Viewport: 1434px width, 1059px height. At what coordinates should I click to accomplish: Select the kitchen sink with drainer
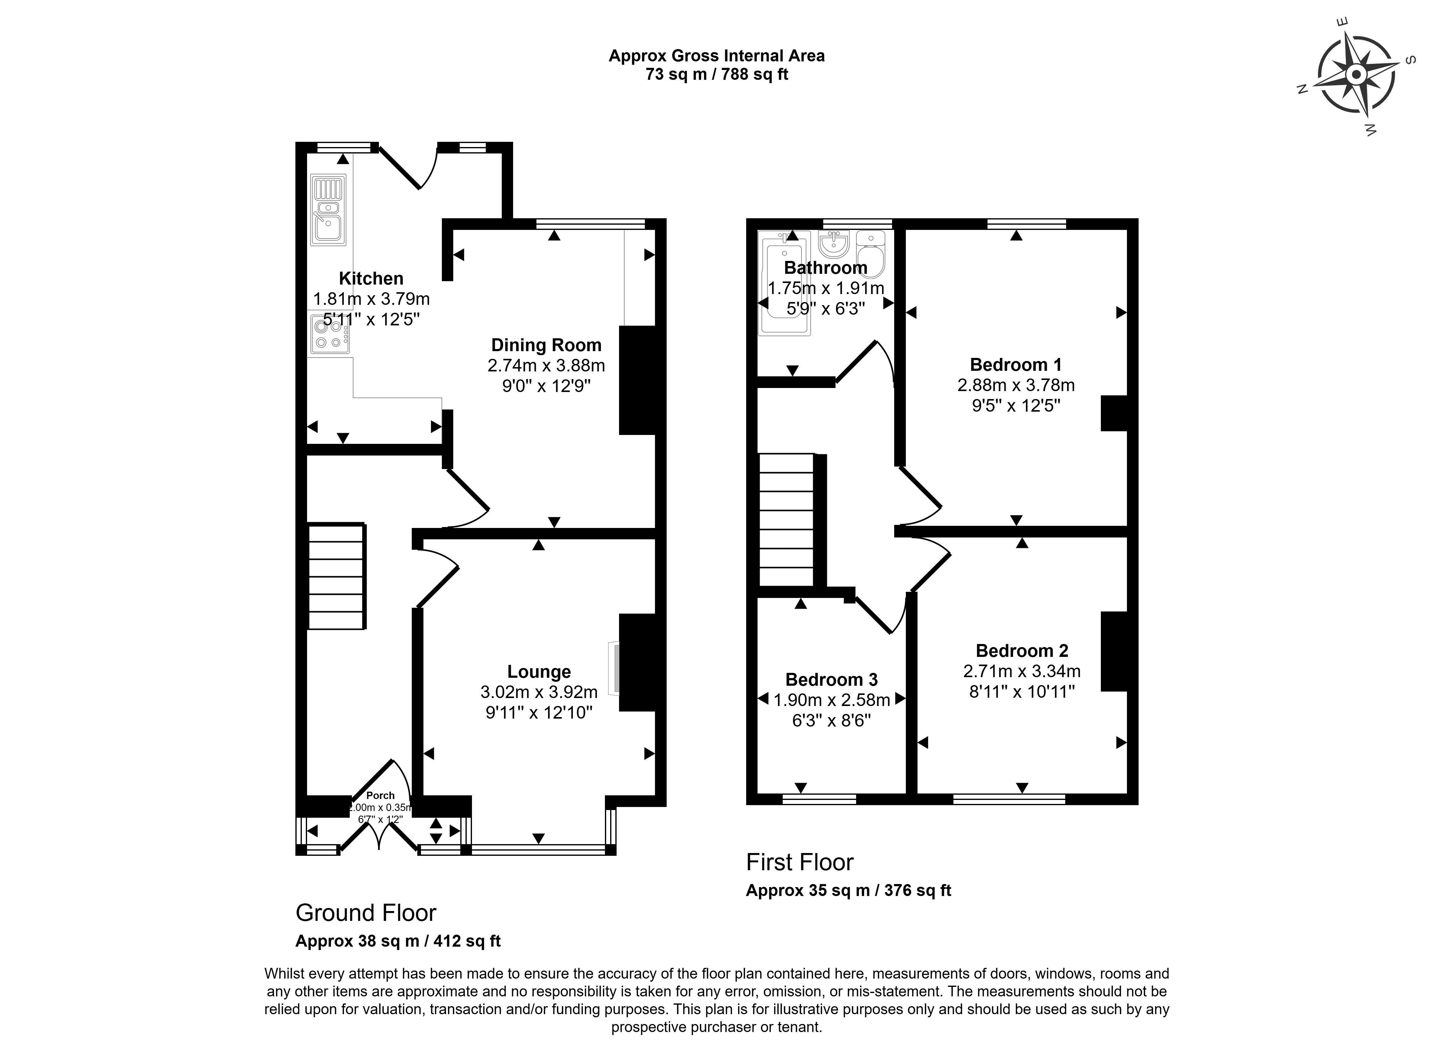(328, 210)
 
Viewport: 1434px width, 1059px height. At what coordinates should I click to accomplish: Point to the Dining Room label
(546, 345)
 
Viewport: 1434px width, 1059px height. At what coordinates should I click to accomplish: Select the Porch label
(380, 795)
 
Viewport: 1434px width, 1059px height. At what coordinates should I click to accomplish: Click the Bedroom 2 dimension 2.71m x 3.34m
(1022, 671)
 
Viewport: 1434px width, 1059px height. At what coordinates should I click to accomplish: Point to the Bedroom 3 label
(831, 680)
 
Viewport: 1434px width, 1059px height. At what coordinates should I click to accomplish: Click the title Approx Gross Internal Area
(716, 56)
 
